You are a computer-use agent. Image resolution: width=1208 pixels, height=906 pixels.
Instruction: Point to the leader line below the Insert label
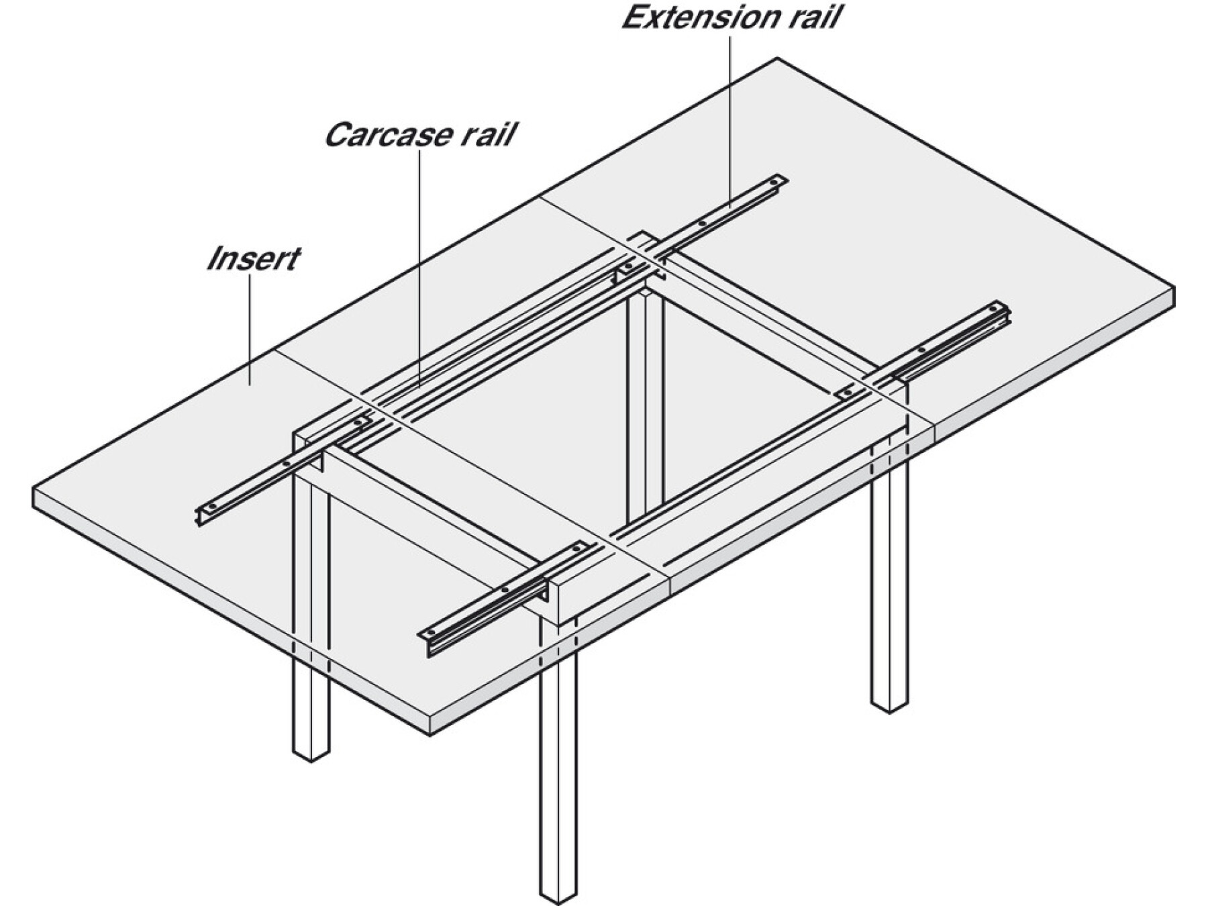click(250, 329)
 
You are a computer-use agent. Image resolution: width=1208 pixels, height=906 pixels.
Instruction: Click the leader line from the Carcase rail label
click(420, 268)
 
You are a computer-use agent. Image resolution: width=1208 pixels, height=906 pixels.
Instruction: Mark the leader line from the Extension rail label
click(730, 121)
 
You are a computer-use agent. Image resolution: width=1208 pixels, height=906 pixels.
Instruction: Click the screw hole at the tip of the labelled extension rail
click(776, 181)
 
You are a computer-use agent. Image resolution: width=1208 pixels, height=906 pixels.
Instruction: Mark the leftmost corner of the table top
click(34, 489)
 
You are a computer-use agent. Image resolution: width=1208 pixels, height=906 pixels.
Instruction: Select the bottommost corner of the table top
click(430, 735)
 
